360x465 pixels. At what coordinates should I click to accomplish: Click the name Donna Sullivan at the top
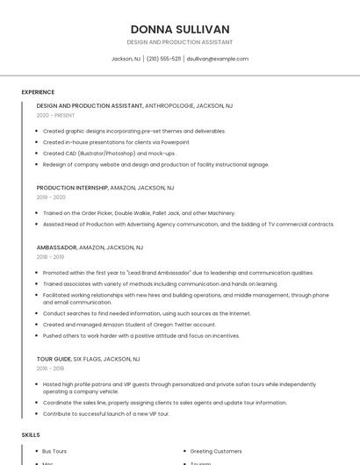[180, 29]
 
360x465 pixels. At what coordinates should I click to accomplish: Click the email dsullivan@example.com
[218, 59]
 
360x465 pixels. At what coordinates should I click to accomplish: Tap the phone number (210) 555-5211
[164, 59]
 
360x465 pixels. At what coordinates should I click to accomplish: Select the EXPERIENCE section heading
[38, 92]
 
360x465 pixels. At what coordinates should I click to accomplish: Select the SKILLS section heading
[31, 435]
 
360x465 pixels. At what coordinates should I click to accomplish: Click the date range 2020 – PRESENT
[55, 115]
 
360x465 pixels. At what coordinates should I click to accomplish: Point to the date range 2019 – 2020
[51, 197]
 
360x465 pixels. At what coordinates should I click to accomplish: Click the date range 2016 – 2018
[50, 368]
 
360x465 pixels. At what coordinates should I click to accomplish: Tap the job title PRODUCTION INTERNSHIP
[72, 188]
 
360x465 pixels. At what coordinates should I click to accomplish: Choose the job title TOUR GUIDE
[54, 359]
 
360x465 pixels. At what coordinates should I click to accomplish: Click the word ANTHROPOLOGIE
[174, 105]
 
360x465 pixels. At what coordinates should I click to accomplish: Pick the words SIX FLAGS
[88, 359]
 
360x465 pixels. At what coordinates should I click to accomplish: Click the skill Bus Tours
[54, 451]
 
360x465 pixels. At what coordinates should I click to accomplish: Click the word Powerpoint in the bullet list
[175, 142]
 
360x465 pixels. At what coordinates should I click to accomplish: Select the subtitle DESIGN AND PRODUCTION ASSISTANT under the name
[180, 42]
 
